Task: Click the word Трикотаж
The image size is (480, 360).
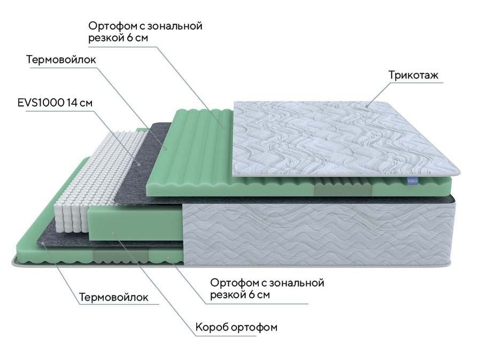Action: point(413,75)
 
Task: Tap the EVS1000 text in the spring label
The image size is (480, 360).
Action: point(41,103)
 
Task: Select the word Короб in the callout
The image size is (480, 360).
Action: point(212,327)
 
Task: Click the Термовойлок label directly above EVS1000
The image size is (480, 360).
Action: point(61,59)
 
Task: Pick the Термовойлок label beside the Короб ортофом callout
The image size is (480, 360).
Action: point(114,297)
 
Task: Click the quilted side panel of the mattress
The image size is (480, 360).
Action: point(319,234)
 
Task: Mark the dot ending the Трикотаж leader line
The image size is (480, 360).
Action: point(367,106)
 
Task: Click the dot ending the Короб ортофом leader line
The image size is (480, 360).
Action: point(113,233)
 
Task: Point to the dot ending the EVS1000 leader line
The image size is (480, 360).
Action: point(140,164)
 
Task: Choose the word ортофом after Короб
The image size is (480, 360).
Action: point(254,327)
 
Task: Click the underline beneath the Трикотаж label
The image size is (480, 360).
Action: point(415,82)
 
